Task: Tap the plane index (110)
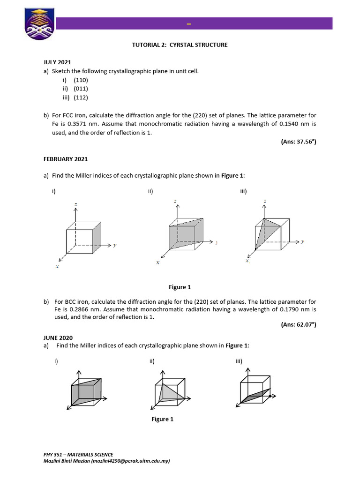click(x=81, y=80)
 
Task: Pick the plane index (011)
click(x=81, y=89)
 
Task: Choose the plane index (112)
click(x=81, y=97)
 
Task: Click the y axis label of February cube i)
click(x=115, y=245)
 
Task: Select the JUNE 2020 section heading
click(x=57, y=337)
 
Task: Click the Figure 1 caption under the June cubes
click(x=162, y=419)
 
